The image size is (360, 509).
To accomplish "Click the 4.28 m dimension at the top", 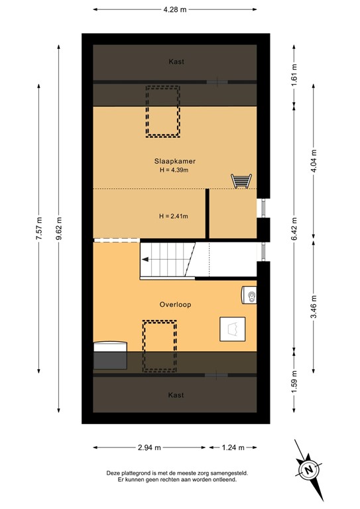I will [174, 9].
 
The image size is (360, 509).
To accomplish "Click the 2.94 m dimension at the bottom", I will [150, 447].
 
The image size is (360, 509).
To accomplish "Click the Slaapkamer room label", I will [176, 161].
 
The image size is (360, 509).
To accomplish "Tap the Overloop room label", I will [176, 305].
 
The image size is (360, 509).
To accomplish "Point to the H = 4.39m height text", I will [176, 171].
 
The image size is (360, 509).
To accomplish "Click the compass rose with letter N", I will [308, 469].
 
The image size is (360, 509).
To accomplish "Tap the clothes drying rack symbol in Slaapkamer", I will [241, 180].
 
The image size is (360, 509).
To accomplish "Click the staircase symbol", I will [168, 259].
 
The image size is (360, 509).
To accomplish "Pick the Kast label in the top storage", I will [176, 62].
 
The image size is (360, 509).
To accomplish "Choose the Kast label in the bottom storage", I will [176, 395].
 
